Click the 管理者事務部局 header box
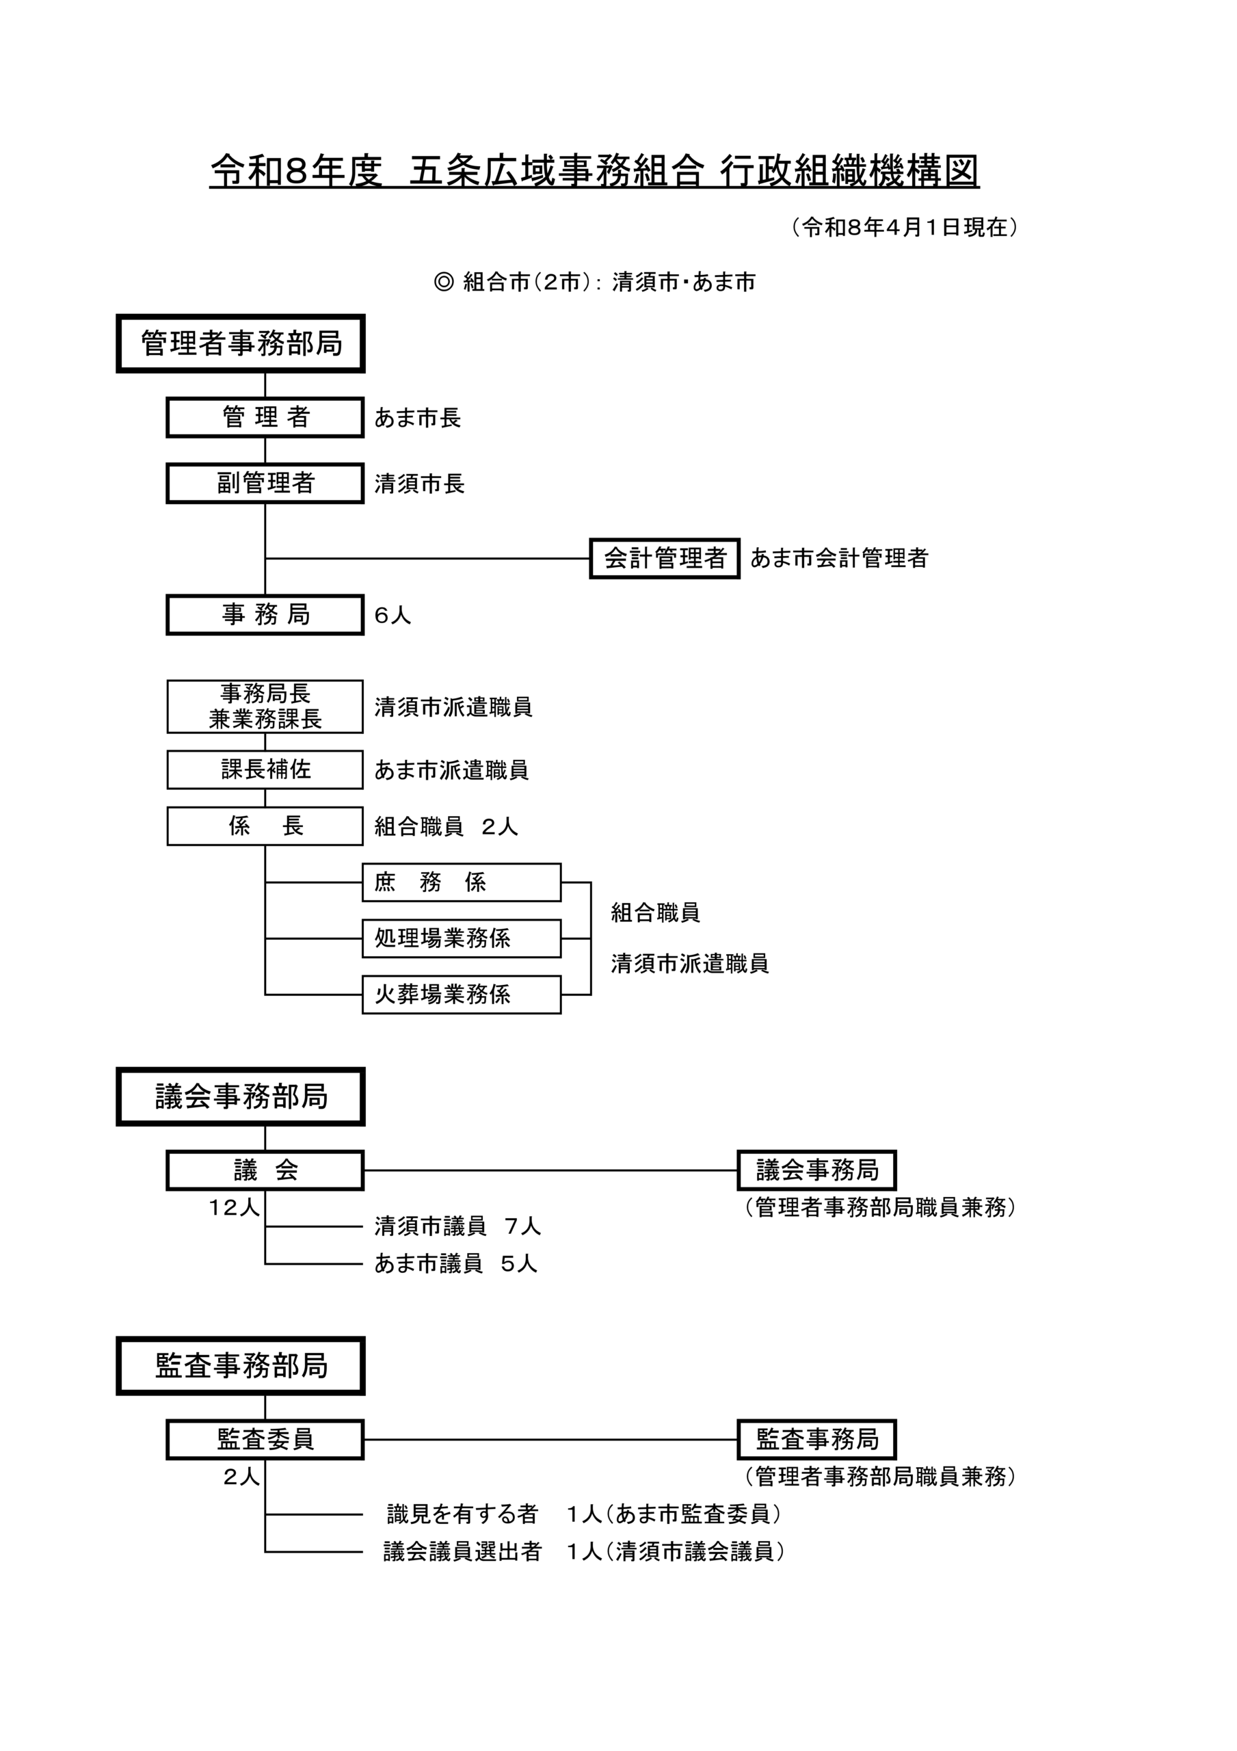(x=240, y=343)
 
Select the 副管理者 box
(x=265, y=483)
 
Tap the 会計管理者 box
(x=664, y=558)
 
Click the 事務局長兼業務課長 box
(x=265, y=706)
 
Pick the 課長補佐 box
(x=265, y=769)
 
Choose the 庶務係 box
(x=462, y=882)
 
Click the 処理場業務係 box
(x=462, y=938)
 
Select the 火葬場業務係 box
(x=462, y=995)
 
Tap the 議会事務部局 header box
(x=240, y=1096)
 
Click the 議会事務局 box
(x=816, y=1170)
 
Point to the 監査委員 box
(x=265, y=1439)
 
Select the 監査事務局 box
(x=816, y=1439)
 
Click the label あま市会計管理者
(x=839, y=558)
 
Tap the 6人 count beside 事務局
(x=393, y=616)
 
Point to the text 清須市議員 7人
(x=457, y=1226)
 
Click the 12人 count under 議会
(x=234, y=1207)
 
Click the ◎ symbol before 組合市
(x=443, y=282)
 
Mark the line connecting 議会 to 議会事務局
(x=549, y=1170)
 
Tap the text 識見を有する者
(x=463, y=1514)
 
